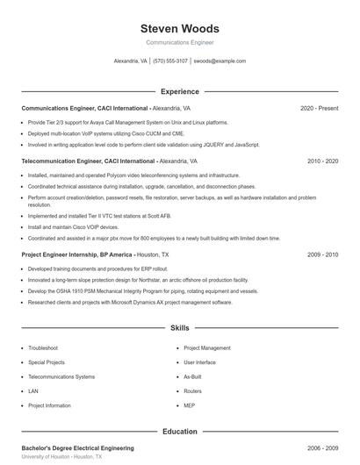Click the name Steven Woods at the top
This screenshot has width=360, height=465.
[179, 29]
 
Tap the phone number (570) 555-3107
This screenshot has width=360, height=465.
[170, 61]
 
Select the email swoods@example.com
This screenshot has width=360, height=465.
[220, 61]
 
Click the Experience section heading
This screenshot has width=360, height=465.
[179, 91]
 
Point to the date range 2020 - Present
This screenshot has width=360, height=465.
[319, 108]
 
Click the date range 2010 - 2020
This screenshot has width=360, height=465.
[322, 161]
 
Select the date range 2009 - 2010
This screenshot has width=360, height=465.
[322, 254]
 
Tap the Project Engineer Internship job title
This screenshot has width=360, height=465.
[58, 254]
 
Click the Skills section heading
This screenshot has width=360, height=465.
[179, 327]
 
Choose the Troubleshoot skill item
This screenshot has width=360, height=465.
[43, 348]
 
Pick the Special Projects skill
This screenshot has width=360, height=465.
[47, 362]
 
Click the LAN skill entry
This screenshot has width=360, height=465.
[33, 391]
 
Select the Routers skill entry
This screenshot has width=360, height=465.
[192, 391]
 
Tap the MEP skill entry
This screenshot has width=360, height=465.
[190, 405]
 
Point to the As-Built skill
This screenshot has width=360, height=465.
[192, 376]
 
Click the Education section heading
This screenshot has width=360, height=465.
[179, 431]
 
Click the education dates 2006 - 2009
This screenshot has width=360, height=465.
[322, 448]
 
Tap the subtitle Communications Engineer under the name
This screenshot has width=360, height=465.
[179, 42]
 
